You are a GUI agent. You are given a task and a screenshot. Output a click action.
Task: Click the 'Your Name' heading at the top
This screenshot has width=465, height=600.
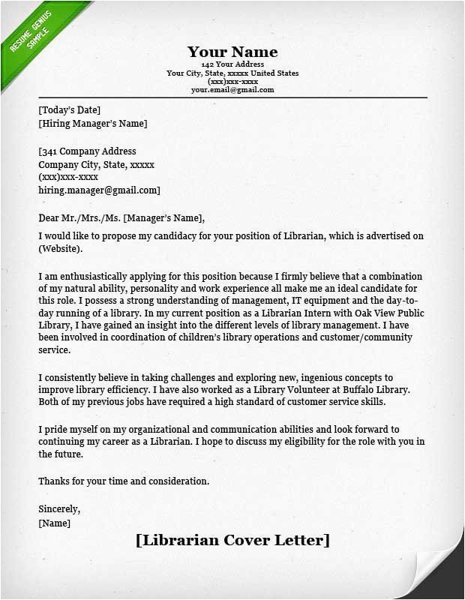click(x=232, y=52)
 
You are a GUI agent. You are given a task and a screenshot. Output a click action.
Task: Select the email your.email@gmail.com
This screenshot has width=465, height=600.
click(x=232, y=90)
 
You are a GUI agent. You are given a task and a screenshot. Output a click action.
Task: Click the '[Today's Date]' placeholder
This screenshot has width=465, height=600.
click(x=69, y=110)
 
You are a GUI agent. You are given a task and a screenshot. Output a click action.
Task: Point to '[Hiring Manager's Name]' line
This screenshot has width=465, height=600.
click(x=92, y=124)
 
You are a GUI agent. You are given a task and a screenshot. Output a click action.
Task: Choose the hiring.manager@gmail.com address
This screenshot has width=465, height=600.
click(x=99, y=190)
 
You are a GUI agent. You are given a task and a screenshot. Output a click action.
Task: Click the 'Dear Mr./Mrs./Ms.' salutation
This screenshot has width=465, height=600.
click(x=79, y=218)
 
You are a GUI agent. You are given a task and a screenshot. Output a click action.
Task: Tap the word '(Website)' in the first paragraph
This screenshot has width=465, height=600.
click(x=61, y=249)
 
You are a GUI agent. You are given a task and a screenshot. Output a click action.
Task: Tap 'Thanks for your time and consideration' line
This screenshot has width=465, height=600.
click(x=124, y=481)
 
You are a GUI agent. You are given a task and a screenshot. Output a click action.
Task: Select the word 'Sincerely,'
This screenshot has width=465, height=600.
click(x=59, y=509)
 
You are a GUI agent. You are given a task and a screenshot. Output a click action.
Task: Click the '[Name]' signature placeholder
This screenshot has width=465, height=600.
click(x=54, y=523)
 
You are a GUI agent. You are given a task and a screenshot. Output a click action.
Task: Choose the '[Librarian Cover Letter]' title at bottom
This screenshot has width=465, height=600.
click(x=232, y=541)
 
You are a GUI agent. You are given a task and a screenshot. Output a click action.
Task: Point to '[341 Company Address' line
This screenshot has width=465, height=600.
click(x=87, y=151)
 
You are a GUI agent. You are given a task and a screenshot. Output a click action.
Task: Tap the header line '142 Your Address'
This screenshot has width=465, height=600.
click(x=232, y=65)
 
